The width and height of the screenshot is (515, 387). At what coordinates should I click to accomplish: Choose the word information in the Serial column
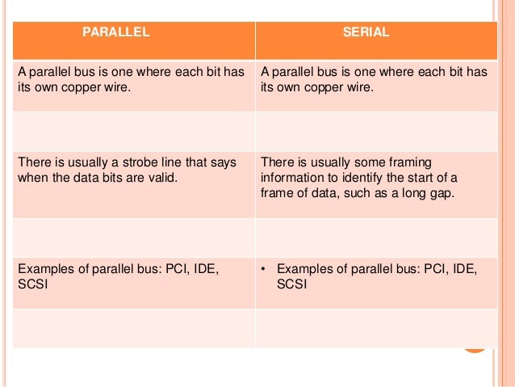[x=293, y=178]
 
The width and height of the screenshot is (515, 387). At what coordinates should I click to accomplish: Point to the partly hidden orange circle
[x=475, y=347]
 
